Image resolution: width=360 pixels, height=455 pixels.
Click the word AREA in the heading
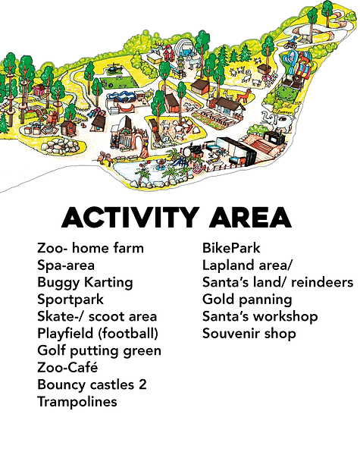252,218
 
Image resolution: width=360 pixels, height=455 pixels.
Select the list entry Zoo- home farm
90,248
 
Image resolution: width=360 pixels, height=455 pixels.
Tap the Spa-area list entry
67,265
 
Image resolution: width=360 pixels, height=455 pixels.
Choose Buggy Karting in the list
85,282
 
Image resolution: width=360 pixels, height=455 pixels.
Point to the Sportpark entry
70,300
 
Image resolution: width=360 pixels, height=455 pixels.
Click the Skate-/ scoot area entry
97,316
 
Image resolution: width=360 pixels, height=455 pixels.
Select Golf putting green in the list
99,350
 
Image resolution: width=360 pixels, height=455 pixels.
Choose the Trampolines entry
77,402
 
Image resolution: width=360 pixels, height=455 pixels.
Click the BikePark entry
230,248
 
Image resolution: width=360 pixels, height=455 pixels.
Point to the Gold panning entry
247,300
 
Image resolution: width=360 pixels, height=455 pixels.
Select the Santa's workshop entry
260,316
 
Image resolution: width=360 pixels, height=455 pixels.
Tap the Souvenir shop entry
249,334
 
